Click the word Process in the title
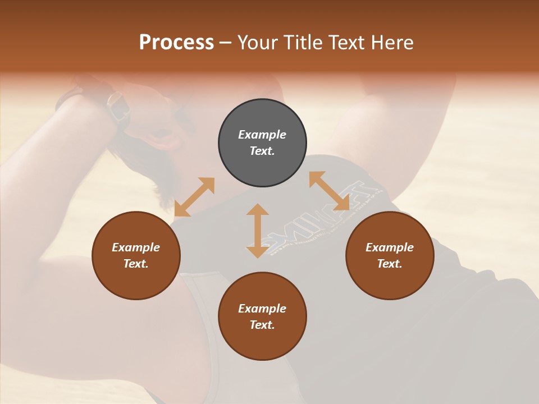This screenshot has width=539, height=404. point(176,43)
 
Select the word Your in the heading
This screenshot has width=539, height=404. point(258,43)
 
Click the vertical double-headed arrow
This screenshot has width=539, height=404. point(258,231)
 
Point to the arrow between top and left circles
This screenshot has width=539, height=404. point(194,197)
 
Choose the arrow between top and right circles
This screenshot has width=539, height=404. point(330,191)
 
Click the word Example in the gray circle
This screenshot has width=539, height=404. point(262,135)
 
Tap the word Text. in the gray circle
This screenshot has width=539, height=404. point(262,151)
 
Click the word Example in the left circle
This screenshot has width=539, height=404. point(136,247)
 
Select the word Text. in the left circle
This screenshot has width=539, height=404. point(136,264)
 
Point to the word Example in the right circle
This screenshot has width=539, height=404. point(390,247)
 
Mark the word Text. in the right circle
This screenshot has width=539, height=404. point(390,264)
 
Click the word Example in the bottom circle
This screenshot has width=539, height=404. point(262,309)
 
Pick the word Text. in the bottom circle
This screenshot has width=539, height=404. point(262,325)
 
